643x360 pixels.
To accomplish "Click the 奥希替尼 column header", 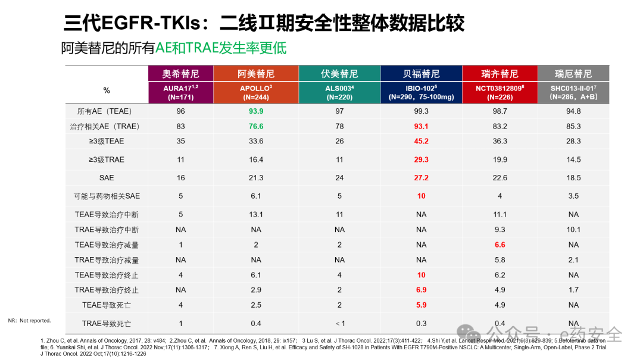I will click(180, 74).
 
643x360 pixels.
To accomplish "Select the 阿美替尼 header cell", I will click(256, 74).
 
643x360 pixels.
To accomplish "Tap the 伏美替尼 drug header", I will click(339, 74).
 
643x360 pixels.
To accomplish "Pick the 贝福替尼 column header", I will click(422, 74).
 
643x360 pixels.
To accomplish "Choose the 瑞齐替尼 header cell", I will click(500, 74).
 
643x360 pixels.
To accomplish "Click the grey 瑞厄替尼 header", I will click(573, 74).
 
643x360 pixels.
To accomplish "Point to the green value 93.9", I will click(256, 111).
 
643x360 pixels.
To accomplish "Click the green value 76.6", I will click(256, 126).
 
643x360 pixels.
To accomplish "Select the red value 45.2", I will click(422, 141).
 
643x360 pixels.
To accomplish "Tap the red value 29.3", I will click(422, 159).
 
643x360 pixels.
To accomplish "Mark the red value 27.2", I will click(422, 178).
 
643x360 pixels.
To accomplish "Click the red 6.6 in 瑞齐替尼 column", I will click(500, 245).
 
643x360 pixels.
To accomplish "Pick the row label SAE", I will click(107, 178).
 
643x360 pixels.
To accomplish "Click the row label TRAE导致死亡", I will click(107, 323).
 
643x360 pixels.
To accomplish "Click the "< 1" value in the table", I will click(339, 323).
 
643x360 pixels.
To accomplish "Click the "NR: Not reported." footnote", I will click(30, 321).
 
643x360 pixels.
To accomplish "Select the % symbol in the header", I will click(107, 90).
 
